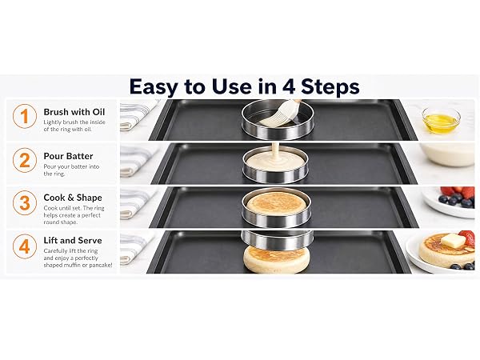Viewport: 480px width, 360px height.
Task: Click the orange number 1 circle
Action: pos(25,116)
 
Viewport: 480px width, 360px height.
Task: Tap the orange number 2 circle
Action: pos(25,160)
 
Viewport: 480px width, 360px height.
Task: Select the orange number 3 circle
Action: pos(25,203)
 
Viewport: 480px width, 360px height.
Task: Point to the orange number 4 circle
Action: pos(25,246)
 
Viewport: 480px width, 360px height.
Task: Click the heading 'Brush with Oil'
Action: pos(74,112)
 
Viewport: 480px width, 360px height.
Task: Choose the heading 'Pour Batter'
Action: pos(68,156)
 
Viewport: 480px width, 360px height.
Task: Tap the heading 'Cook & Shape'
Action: pos(73,198)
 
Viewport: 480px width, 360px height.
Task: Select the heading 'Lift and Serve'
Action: pos(73,240)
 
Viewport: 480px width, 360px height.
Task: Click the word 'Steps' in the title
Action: pos(330,87)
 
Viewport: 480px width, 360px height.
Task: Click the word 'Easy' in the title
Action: pos(154,87)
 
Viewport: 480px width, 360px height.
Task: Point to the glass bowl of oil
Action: pos(441,120)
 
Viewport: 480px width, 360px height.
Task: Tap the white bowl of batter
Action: pos(447,155)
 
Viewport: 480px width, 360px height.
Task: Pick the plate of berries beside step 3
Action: pos(449,202)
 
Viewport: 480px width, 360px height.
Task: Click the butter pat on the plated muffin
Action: pos(453,241)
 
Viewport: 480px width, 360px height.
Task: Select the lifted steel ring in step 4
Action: pos(278,239)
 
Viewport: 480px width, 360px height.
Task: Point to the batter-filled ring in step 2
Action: pos(276,165)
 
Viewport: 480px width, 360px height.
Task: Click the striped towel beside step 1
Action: pos(137,114)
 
